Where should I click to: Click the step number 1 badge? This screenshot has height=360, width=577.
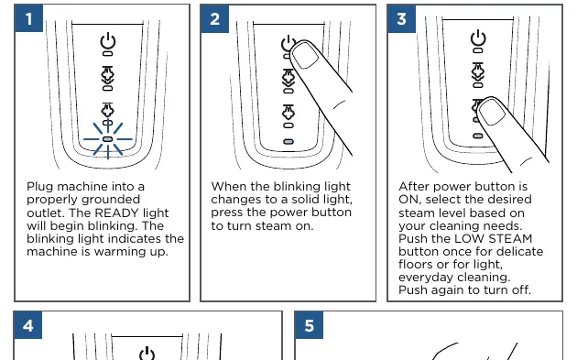pyautogui.click(x=29, y=18)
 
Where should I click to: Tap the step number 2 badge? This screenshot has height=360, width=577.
pyautogui.click(x=215, y=18)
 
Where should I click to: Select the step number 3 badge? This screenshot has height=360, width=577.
pyautogui.click(x=402, y=18)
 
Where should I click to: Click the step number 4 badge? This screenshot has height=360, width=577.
pyautogui.click(x=28, y=325)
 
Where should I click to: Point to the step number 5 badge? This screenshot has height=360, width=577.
pyautogui.click(x=310, y=325)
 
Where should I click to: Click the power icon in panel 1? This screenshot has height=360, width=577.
pyautogui.click(x=108, y=40)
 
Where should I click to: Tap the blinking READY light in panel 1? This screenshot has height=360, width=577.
pyautogui.click(x=108, y=139)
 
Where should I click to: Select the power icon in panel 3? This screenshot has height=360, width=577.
pyautogui.click(x=478, y=38)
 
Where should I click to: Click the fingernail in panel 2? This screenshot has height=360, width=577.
pyautogui.click(x=305, y=55)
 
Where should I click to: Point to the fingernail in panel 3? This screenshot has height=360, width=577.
pyautogui.click(x=492, y=112)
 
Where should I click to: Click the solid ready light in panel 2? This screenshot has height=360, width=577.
pyautogui.click(x=288, y=142)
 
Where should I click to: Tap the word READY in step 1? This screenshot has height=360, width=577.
pyautogui.click(x=117, y=213)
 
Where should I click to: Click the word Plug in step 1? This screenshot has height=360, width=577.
pyautogui.click(x=40, y=187)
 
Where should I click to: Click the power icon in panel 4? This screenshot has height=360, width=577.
pyautogui.click(x=147, y=354)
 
